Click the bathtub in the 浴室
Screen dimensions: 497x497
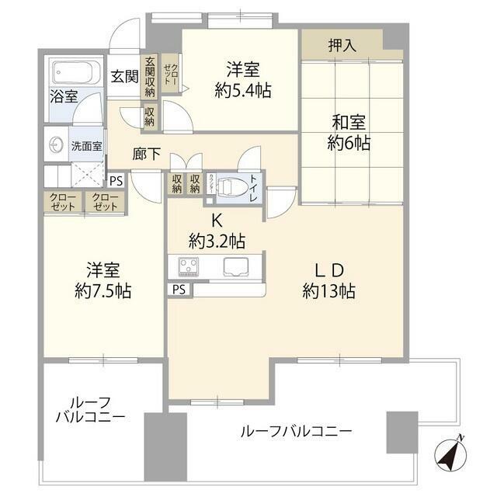coord(75,75)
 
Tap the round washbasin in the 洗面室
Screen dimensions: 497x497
coord(57,145)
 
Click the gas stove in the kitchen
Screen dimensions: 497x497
coord(189,266)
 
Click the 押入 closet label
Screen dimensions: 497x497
coord(342,45)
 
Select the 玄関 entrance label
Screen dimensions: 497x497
coord(123,76)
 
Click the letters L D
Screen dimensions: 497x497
coord(328,271)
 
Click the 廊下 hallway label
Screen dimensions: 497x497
coord(148,154)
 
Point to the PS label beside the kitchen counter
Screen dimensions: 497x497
coord(179,290)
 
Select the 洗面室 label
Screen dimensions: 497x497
coord(86,145)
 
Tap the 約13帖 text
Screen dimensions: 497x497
coord(328,292)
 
